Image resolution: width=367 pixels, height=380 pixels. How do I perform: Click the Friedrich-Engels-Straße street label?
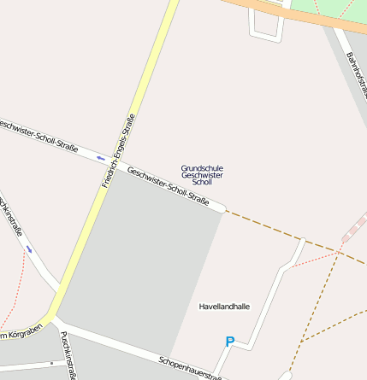point(118,150)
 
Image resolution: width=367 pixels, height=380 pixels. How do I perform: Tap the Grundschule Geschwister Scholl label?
point(202,174)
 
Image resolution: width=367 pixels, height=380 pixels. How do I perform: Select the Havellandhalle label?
point(224,306)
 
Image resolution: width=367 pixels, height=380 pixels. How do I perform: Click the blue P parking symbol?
point(229,342)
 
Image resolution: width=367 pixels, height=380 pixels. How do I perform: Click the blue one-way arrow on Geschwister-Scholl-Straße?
point(101,158)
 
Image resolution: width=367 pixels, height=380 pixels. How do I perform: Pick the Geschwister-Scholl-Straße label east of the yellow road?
point(168,185)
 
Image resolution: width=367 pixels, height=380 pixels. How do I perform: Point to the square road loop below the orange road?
point(265,26)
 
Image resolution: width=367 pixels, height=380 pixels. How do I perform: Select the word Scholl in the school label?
point(202,182)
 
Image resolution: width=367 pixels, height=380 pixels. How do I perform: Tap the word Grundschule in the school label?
point(202,167)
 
